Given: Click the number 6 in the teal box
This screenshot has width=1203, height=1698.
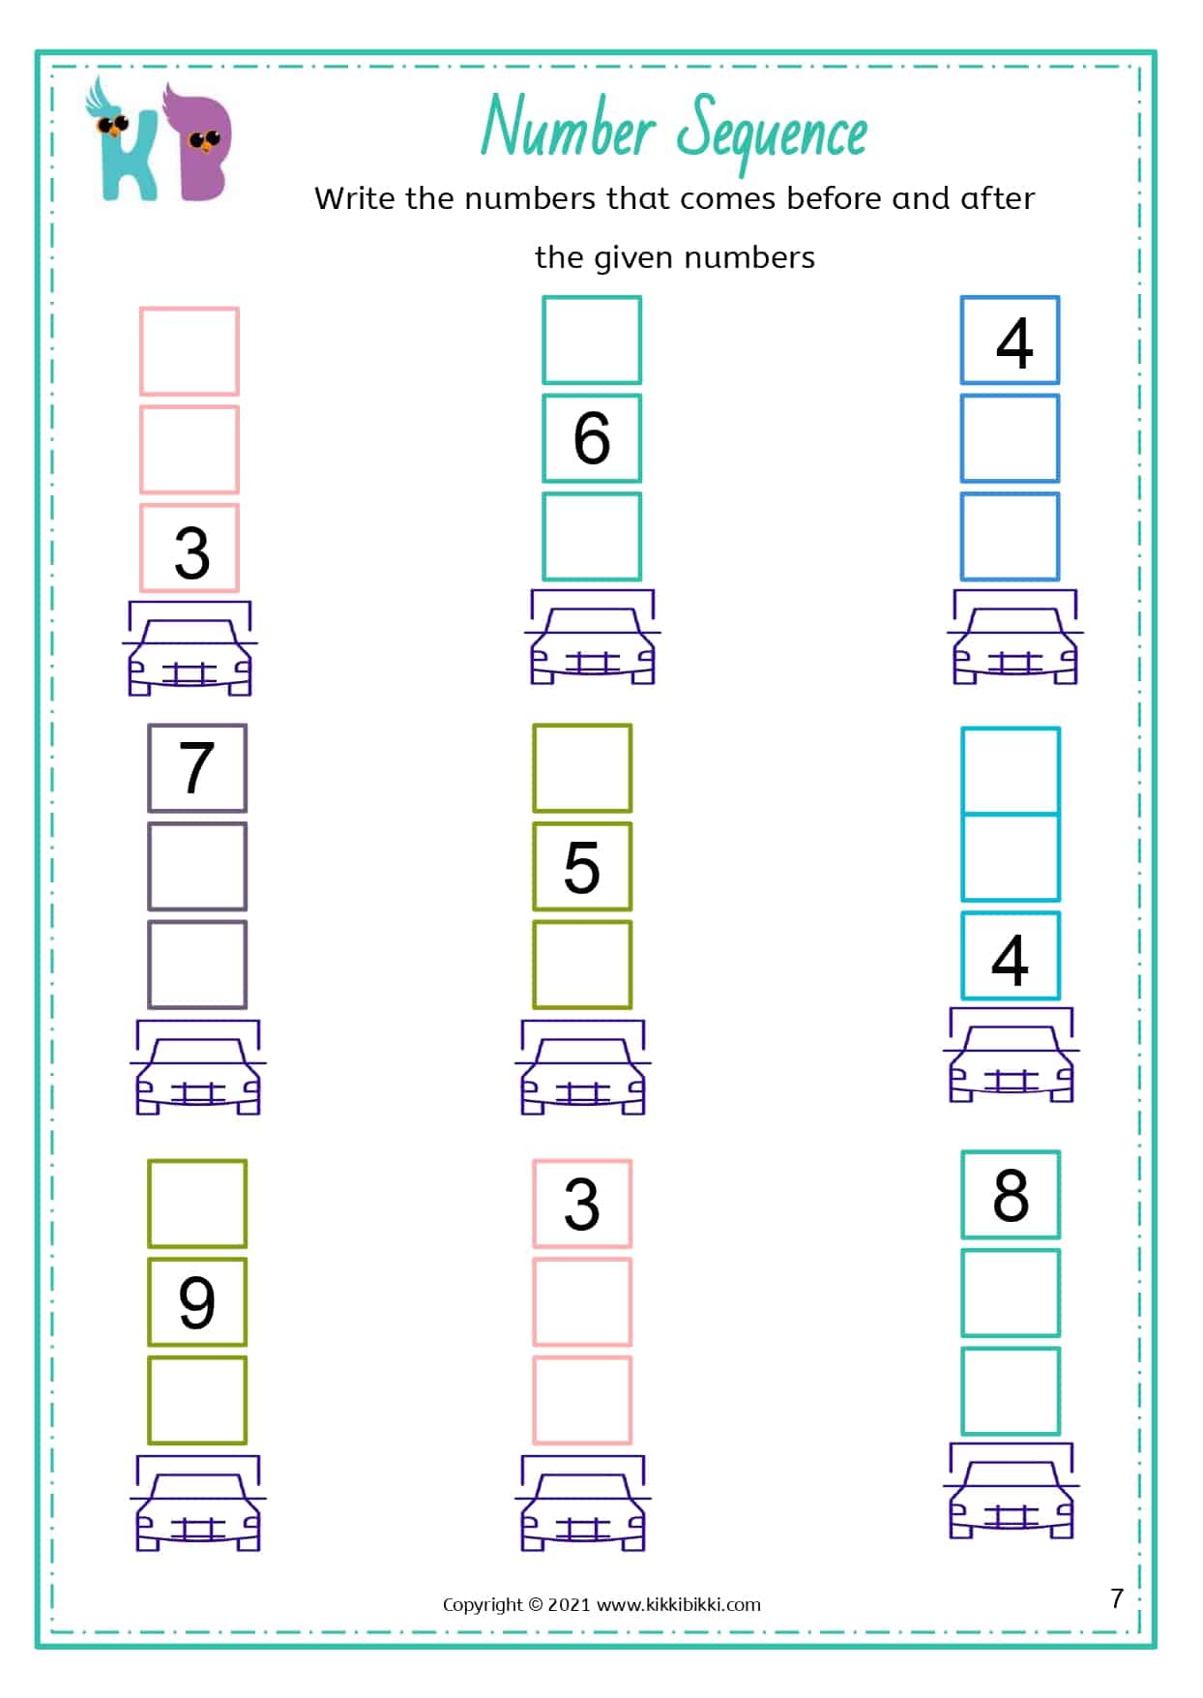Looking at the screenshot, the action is (x=592, y=438).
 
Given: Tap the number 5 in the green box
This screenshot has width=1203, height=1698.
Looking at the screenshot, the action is (x=582, y=868).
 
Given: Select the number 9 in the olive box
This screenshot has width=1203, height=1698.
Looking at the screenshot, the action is (x=197, y=1302).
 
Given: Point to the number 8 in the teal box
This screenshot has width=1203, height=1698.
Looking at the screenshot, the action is (x=1011, y=1195).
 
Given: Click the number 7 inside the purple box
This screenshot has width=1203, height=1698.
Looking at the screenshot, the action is (x=196, y=768).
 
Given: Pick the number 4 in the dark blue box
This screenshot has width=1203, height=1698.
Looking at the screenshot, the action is (x=1014, y=343).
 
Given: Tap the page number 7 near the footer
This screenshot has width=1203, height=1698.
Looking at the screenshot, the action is (x=1117, y=1598).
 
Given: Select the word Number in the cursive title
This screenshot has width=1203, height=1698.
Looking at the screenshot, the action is (x=569, y=127).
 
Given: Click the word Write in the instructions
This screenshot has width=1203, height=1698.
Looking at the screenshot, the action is (x=356, y=198).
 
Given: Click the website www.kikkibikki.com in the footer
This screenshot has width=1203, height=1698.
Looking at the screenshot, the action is (x=679, y=1604).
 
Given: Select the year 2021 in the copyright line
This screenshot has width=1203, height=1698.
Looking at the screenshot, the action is (x=569, y=1604).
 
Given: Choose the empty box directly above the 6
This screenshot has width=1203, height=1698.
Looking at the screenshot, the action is (x=592, y=341).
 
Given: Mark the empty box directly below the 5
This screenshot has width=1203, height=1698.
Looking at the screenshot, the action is (x=582, y=965).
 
